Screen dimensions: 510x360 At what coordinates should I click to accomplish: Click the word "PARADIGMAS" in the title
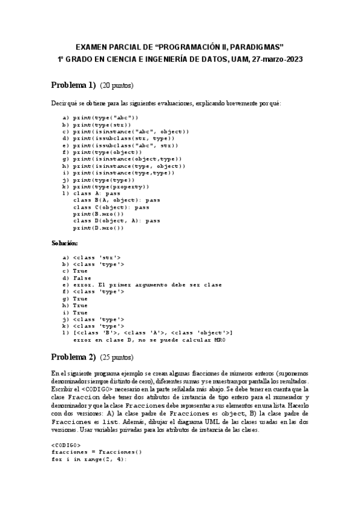point(255,46)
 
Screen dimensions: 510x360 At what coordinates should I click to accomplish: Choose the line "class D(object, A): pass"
point(117,221)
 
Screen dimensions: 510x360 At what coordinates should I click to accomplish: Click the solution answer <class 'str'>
point(96,257)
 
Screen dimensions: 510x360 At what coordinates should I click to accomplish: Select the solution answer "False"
point(82,278)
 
